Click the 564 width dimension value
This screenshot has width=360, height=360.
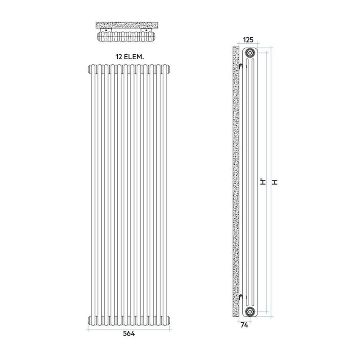point(129,334)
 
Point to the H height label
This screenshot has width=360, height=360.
point(275,182)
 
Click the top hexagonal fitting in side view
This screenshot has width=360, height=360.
point(250,53)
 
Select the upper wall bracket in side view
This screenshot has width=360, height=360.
point(241,66)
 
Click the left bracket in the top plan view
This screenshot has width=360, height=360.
point(112,31)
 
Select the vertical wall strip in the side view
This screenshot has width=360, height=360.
point(236,182)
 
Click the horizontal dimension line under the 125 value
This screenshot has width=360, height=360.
point(248,45)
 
